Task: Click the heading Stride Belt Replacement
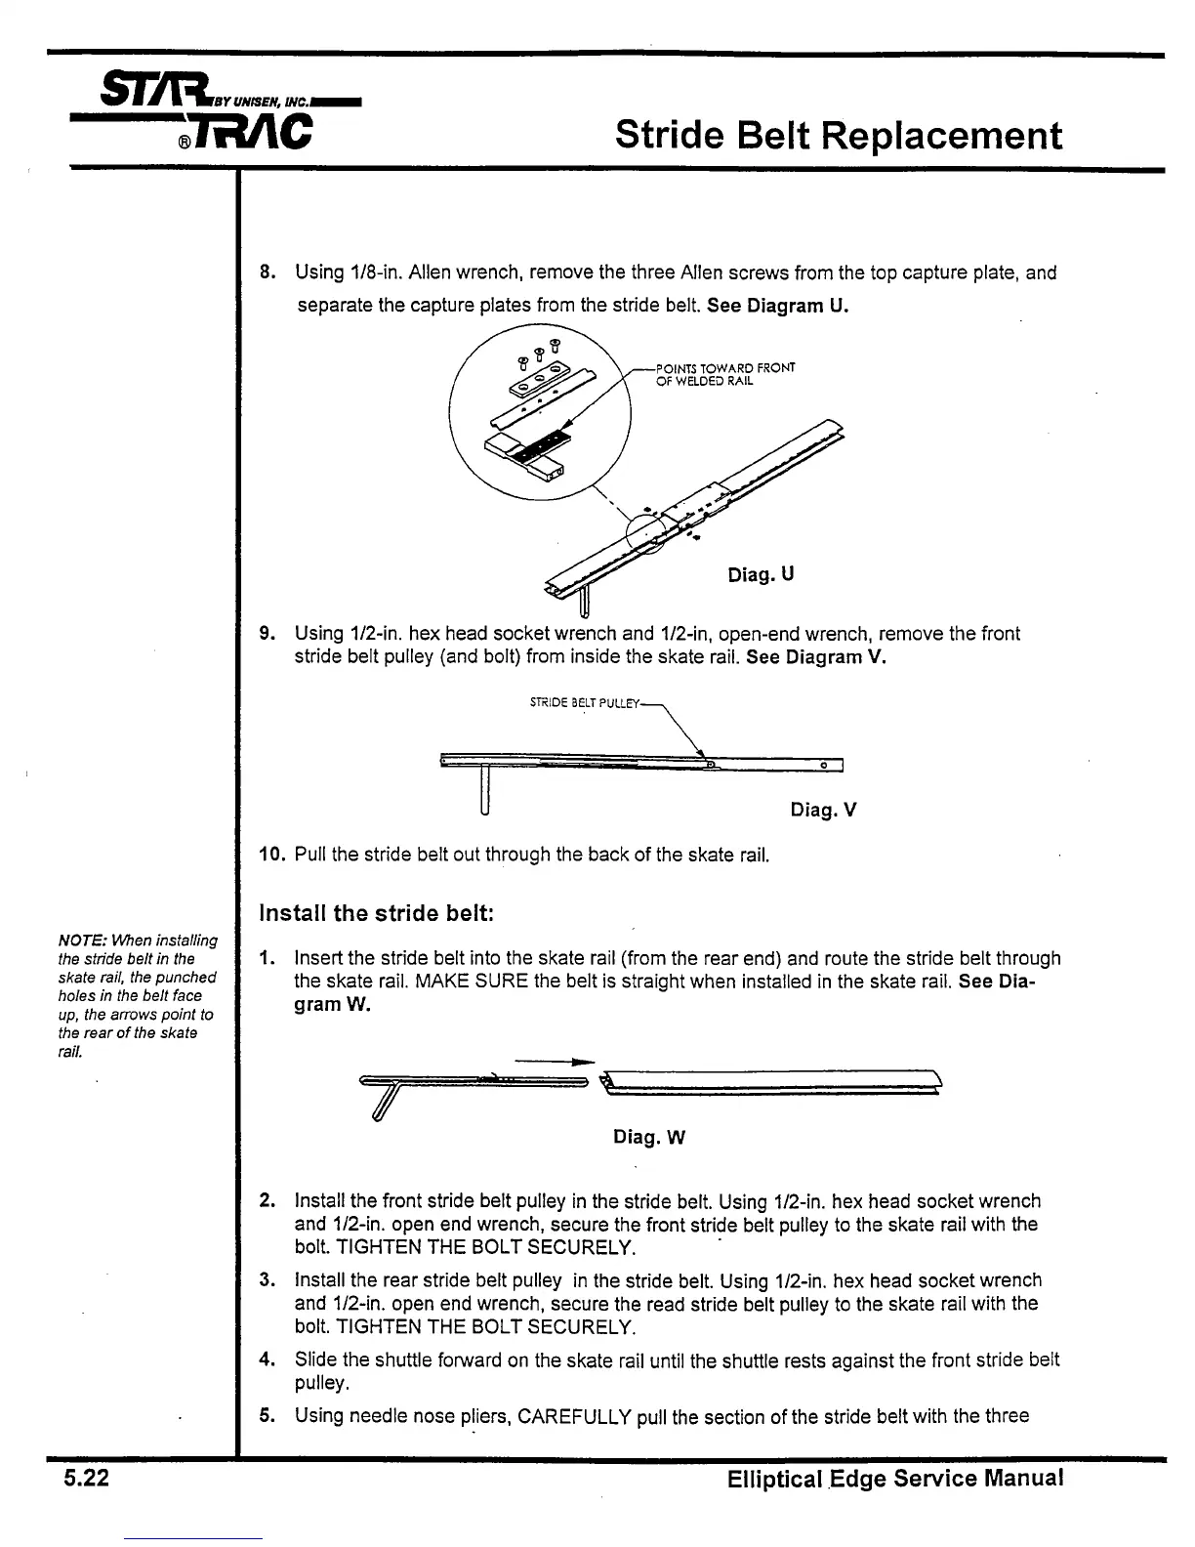point(839,135)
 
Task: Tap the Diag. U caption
point(761,574)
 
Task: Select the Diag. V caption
point(823,810)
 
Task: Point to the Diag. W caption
point(649,1137)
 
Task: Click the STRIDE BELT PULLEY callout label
point(584,702)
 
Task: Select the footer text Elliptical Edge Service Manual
point(894,1479)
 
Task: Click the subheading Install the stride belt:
point(377,913)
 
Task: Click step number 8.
point(267,272)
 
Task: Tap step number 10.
point(270,856)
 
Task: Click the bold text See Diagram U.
point(777,305)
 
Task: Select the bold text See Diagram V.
point(816,656)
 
